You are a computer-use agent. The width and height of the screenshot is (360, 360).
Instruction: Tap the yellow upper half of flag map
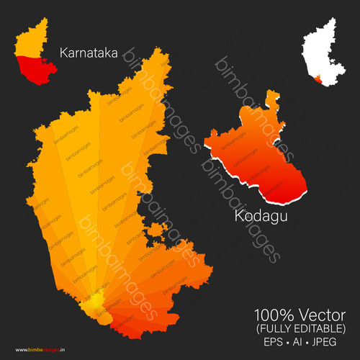(x=30, y=43)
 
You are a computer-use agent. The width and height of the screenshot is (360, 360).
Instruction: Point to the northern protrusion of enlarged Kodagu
(x=271, y=97)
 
